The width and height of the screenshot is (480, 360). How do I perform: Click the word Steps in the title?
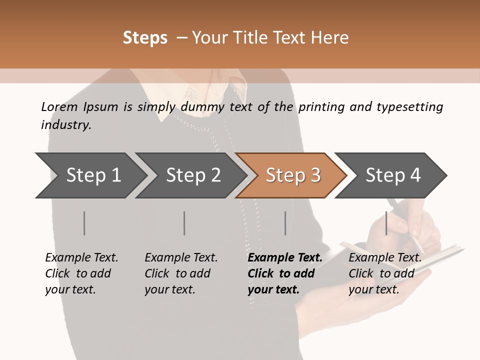click(x=145, y=38)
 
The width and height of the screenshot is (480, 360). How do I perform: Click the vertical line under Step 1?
click(x=84, y=223)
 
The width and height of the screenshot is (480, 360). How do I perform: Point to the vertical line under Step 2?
click(x=184, y=223)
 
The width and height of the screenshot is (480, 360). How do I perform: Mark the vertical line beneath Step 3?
click(x=285, y=223)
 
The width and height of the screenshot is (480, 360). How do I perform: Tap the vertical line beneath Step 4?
click(x=386, y=223)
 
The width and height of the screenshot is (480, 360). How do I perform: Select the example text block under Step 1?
click(x=81, y=273)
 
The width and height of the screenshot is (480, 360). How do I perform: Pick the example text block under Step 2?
click(x=181, y=273)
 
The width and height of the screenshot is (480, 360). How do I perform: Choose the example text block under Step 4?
click(x=385, y=273)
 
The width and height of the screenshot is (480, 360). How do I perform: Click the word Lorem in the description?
click(x=59, y=106)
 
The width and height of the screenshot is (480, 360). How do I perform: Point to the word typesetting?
click(x=409, y=107)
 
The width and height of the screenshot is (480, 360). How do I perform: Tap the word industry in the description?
click(x=66, y=125)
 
